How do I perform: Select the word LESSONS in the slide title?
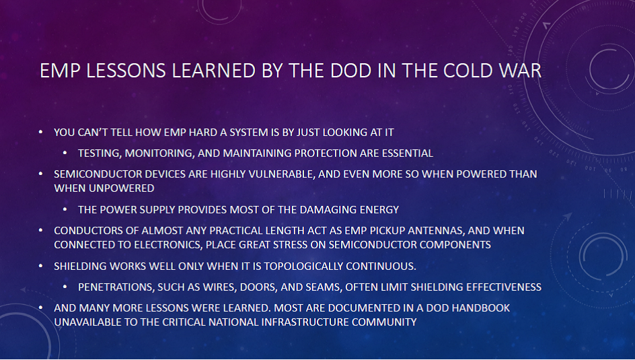[x=126, y=71]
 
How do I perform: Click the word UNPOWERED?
[x=128, y=188]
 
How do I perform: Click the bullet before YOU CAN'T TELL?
[x=40, y=132]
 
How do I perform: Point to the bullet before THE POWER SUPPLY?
[x=65, y=209]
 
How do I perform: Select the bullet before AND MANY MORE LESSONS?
[x=40, y=308]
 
